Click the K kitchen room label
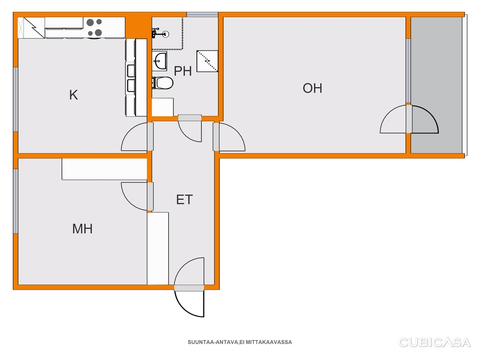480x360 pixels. pos(74,95)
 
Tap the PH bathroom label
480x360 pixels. pos(183,71)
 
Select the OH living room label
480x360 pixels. pos(312,88)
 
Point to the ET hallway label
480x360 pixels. pos(184,200)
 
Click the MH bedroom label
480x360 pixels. pos(82,229)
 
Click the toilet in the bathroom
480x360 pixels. pos(163,83)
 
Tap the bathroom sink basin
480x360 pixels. pos(159,61)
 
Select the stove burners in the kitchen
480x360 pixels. pos(94,27)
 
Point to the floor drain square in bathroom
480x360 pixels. pos(207,61)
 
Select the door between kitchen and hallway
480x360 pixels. pos(135,136)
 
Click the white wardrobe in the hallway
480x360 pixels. pos(158,248)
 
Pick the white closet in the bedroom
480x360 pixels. pos(105,169)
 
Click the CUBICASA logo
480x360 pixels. pos(434,342)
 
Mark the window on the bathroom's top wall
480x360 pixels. pos(202,15)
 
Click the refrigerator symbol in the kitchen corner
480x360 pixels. pos(31,28)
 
